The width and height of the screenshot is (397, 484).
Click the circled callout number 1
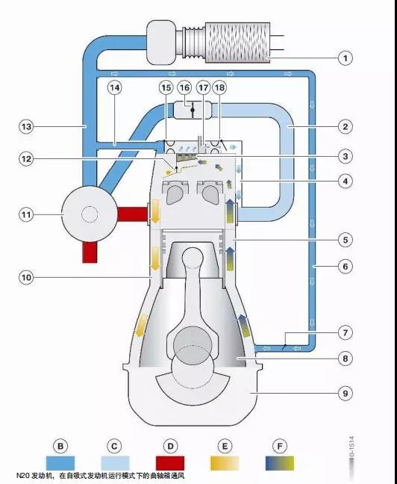(346, 58)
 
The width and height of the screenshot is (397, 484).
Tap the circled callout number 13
(26, 126)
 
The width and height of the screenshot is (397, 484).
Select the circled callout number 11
(26, 214)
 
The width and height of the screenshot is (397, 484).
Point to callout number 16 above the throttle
(184, 87)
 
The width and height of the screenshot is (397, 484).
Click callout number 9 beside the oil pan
(346, 393)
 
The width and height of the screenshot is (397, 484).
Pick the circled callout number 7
(346, 333)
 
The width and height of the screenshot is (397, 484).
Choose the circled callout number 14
(114, 87)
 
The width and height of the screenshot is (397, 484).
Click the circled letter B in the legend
(60, 446)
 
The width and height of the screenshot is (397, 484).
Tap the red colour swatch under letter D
(170, 463)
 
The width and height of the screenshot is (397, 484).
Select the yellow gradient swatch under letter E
(225, 463)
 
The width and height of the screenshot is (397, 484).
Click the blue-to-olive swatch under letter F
(280, 463)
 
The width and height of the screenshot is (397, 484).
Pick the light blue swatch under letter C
(115, 463)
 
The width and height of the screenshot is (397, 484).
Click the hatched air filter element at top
(237, 43)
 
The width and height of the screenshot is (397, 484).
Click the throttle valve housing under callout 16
(193, 110)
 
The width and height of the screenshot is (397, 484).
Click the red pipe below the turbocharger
(90, 252)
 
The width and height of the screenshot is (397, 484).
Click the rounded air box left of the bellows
(161, 43)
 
